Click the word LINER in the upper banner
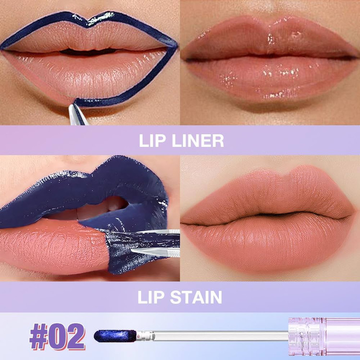(198, 141)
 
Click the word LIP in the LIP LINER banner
(152, 141)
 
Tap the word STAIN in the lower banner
(196, 297)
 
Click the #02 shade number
(58, 336)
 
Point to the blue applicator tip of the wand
(115, 336)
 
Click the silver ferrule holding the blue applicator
(145, 336)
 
